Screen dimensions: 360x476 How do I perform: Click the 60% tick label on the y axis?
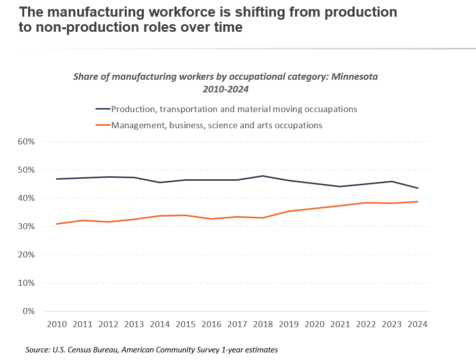(x=26, y=141)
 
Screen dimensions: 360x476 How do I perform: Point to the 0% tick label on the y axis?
(x=28, y=312)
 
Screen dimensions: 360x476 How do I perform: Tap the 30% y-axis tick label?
(x=26, y=227)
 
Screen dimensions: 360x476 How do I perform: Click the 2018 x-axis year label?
(x=262, y=325)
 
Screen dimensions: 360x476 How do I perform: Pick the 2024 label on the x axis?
(x=417, y=325)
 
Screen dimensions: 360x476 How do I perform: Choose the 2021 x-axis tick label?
(x=340, y=325)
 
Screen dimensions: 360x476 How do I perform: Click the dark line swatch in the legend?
(x=102, y=109)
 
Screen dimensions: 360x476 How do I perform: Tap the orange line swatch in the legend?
(x=102, y=125)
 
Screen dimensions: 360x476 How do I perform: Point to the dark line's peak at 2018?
(x=262, y=176)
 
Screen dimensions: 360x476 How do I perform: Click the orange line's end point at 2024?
(x=417, y=201)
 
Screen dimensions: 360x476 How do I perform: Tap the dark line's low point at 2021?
(x=340, y=186)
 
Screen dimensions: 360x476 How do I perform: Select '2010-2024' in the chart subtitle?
(x=226, y=89)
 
